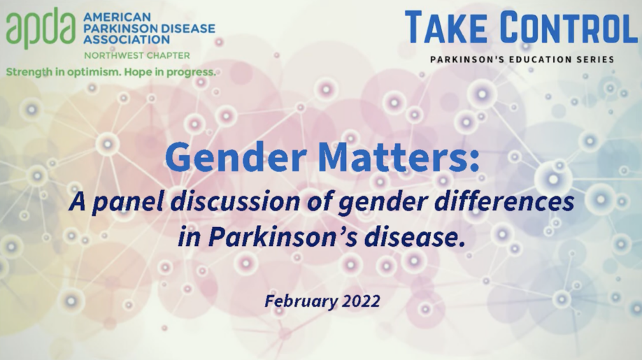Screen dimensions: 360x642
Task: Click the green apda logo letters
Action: (41, 29)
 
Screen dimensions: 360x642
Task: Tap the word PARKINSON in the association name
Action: (117, 29)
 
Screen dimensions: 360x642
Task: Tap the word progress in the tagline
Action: (191, 71)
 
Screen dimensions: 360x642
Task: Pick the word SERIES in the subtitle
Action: (594, 59)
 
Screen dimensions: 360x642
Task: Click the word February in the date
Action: (299, 301)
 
